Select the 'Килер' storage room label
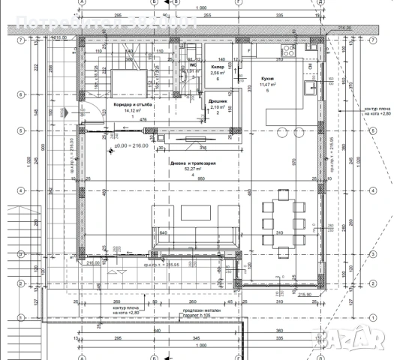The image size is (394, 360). tap(218, 67)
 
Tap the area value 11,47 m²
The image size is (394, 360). tap(268, 85)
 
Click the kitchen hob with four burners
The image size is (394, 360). tap(287, 52)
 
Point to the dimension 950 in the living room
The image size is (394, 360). tap(180, 181)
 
